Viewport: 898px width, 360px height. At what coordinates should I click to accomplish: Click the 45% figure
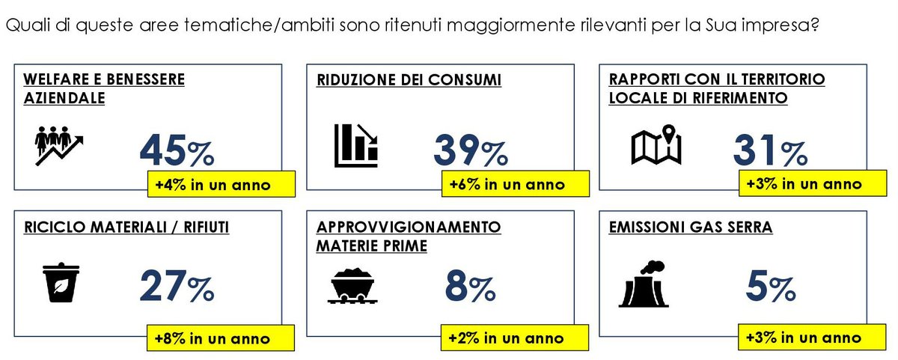click(177, 152)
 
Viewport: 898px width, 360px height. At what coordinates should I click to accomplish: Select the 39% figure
click(470, 152)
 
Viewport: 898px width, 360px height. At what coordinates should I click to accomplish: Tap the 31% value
click(769, 152)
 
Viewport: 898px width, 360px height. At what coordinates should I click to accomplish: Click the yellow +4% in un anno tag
click(213, 185)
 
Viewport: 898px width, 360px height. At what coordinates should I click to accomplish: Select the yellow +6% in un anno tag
click(507, 185)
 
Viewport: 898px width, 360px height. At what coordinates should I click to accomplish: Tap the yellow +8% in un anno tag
click(213, 338)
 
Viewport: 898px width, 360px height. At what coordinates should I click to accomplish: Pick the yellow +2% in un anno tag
click(507, 338)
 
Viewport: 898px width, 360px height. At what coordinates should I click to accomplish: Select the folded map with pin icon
click(656, 145)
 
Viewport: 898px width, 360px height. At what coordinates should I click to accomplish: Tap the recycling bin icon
click(58, 282)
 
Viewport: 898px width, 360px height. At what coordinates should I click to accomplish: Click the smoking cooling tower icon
click(643, 284)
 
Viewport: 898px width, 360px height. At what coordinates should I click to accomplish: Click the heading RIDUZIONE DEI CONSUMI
click(409, 79)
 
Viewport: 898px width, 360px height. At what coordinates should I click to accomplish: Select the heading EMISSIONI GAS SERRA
click(690, 227)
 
